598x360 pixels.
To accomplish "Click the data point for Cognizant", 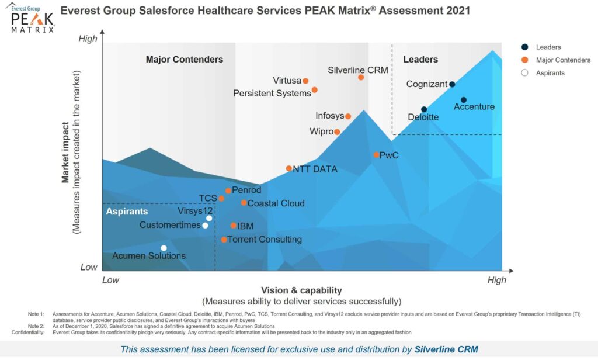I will (x=452, y=84).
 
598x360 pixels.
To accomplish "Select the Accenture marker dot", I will (x=464, y=100).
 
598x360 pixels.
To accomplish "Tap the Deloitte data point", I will (x=424, y=109).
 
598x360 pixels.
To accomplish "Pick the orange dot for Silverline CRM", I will (x=361, y=77).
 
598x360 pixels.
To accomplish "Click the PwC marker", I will (x=376, y=155).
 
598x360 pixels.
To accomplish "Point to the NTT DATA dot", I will (x=288, y=168).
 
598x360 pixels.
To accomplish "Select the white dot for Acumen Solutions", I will (x=164, y=248).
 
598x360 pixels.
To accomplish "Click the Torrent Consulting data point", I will (x=224, y=239).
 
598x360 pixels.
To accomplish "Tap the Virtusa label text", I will (x=286, y=81).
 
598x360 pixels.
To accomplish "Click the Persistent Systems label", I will (x=272, y=93).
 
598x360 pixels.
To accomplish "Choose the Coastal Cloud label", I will (x=276, y=203).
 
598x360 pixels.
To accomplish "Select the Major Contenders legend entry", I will (x=563, y=60).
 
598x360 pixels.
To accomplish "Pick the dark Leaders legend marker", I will (x=524, y=47).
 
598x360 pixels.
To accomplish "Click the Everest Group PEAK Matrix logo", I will (x=33, y=18).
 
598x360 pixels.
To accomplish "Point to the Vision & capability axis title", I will (x=301, y=290).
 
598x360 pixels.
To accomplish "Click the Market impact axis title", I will (x=67, y=152).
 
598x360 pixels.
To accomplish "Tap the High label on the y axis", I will (x=88, y=39).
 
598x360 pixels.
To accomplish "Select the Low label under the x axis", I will (x=110, y=280).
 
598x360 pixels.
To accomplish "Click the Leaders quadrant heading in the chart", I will (x=420, y=60).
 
